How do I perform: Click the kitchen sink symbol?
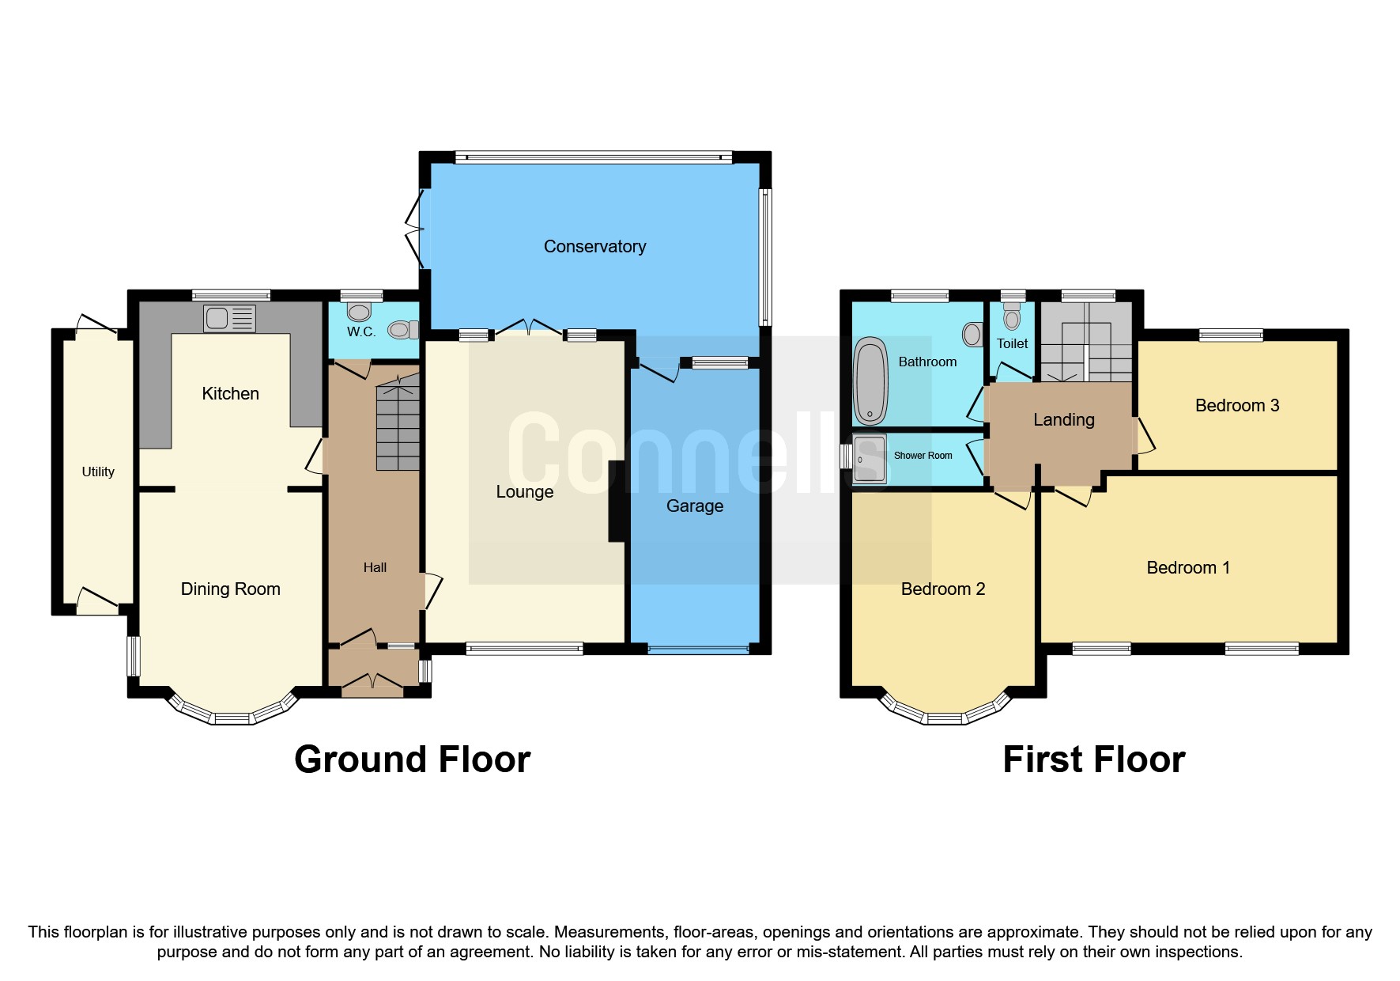coord(229,318)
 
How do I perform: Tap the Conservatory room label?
coord(594,247)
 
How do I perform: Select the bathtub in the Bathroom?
coord(870,381)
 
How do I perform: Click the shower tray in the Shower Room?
coord(870,458)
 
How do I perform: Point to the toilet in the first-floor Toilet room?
coord(1012,317)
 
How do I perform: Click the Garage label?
coord(694,506)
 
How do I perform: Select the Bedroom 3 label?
coord(1236,406)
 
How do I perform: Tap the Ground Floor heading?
coord(412,759)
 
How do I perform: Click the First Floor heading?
coord(1093,759)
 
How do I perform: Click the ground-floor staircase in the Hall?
coord(398,427)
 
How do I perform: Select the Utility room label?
coord(98,472)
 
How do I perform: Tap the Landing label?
coord(1063,420)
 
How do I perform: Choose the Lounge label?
coord(524,492)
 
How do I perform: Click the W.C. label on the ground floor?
coord(361,332)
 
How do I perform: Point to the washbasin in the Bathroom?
coord(972,334)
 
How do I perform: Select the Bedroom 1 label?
coord(1187,568)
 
